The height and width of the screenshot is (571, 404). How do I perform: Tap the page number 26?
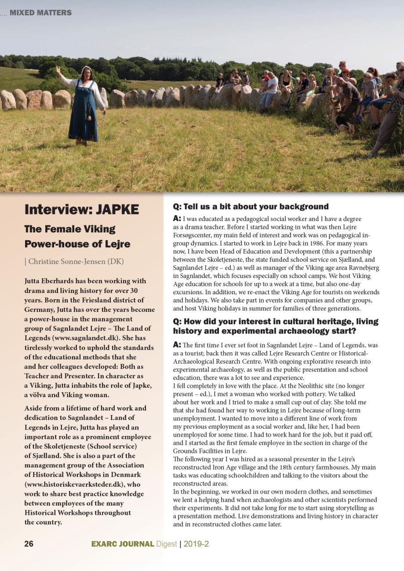pyautogui.click(x=29, y=544)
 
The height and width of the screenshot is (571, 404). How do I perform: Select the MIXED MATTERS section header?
pyautogui.click(x=40, y=13)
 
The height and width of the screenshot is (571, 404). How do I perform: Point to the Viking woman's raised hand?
pyautogui.click(x=58, y=69)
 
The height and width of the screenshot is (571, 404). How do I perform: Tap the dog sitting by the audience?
pyautogui.click(x=340, y=119)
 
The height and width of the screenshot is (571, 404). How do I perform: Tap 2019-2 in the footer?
pyautogui.click(x=196, y=544)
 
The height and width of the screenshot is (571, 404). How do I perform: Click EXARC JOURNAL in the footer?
pyautogui.click(x=123, y=544)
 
